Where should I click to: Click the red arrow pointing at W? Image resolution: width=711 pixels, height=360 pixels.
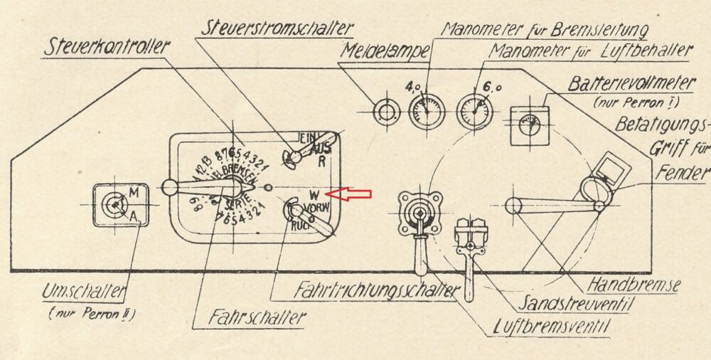click(349, 194)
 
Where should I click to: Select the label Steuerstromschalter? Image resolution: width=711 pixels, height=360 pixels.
click(277, 28)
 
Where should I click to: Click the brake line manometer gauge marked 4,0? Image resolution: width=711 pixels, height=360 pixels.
click(426, 111)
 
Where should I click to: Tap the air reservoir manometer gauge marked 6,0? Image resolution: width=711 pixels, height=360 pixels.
click(474, 111)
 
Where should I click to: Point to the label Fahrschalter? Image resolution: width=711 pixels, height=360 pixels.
click(248, 317)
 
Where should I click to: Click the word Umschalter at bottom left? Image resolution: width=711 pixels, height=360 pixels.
click(85, 292)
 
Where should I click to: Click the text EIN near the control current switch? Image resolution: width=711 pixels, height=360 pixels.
click(307, 137)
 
